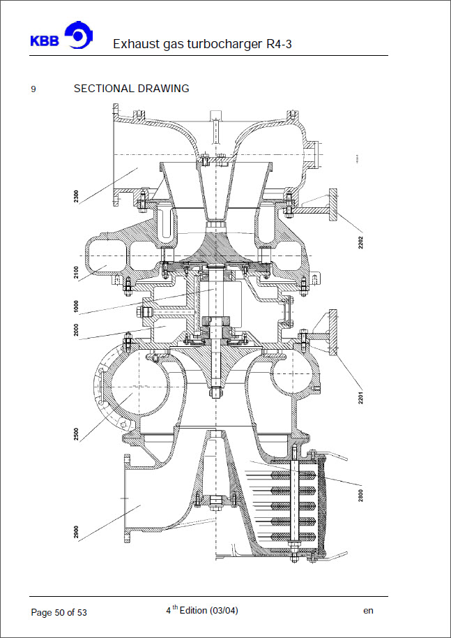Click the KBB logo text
tap(44, 40)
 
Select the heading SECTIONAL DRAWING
tap(131, 89)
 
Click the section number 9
tap(33, 89)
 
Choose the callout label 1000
tap(76, 308)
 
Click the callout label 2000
tap(76, 329)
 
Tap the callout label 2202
tap(361, 239)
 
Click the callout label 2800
tap(361, 495)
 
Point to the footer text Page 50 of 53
tap(59, 612)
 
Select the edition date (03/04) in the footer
tap(225, 611)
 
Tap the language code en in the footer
tap(368, 611)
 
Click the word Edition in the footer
tap(191, 611)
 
